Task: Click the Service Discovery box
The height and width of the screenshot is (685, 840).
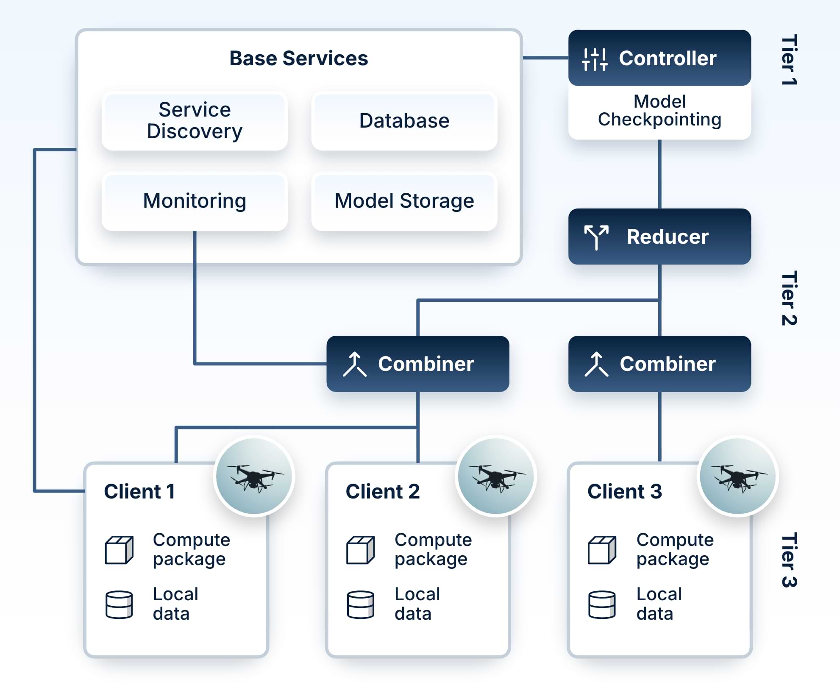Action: point(195,121)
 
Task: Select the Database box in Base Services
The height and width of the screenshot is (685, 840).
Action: point(404,121)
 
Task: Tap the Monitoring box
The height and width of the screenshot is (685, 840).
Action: point(195,201)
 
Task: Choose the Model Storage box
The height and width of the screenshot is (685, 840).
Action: point(404,201)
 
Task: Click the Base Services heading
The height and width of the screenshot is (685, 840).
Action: point(298,58)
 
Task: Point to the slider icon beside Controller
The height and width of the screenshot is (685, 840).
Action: point(595,59)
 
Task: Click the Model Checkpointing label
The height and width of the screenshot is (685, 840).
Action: point(659,111)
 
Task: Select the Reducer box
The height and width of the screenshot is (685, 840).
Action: point(659,237)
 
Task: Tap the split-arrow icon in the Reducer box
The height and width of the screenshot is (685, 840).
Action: point(596,237)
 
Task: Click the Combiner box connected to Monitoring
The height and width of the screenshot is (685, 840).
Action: point(417,364)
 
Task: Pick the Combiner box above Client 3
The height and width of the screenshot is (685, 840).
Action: point(659,364)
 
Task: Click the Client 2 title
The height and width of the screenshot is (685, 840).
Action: point(382,492)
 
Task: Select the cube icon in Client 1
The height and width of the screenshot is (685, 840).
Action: point(119,550)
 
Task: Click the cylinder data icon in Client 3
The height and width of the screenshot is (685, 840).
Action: point(602,604)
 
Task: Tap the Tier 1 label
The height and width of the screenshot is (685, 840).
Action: point(789,60)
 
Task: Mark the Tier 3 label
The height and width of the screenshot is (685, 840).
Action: point(789,560)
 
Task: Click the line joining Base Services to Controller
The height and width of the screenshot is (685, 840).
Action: point(545,58)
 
